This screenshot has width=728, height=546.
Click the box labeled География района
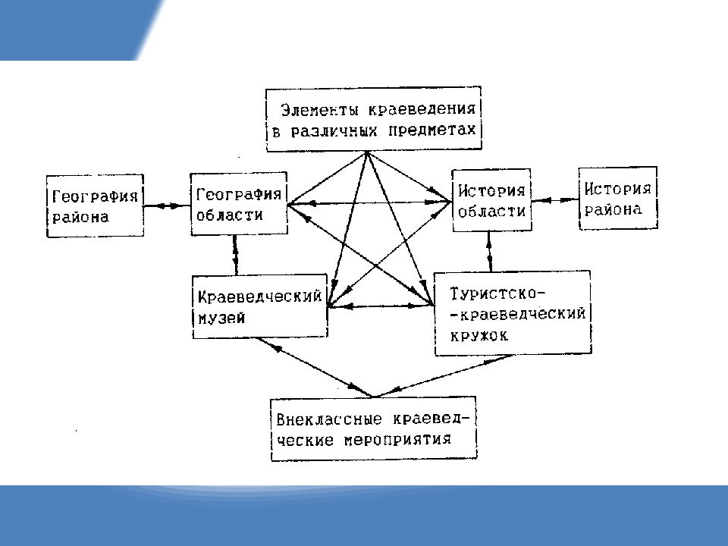click(x=96, y=206)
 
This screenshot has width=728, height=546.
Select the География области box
click(x=239, y=204)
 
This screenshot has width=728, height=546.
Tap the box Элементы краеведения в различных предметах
click(x=374, y=119)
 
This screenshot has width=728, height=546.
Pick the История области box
click(x=491, y=200)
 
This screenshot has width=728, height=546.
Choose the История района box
click(x=618, y=198)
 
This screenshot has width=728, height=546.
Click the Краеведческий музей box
click(x=260, y=306)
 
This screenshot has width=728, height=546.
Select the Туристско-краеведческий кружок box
click(x=513, y=313)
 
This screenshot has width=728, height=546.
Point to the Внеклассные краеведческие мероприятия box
click(x=374, y=428)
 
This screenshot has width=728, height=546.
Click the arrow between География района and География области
click(x=167, y=206)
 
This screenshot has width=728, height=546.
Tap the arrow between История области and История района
click(x=555, y=200)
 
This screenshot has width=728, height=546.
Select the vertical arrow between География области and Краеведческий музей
click(x=235, y=256)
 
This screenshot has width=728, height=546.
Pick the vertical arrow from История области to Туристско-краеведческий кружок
click(x=490, y=251)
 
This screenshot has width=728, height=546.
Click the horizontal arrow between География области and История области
click(x=370, y=203)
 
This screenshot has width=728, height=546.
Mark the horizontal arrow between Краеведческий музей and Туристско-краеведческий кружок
click(x=381, y=306)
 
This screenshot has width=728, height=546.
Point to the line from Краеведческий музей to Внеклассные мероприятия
click(x=315, y=367)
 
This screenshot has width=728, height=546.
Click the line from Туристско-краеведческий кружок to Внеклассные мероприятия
click(x=444, y=376)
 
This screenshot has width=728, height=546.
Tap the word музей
click(x=221, y=318)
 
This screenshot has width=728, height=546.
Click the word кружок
click(x=479, y=336)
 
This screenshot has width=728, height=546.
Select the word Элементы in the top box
click(x=319, y=109)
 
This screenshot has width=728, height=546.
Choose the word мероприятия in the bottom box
click(x=397, y=440)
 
